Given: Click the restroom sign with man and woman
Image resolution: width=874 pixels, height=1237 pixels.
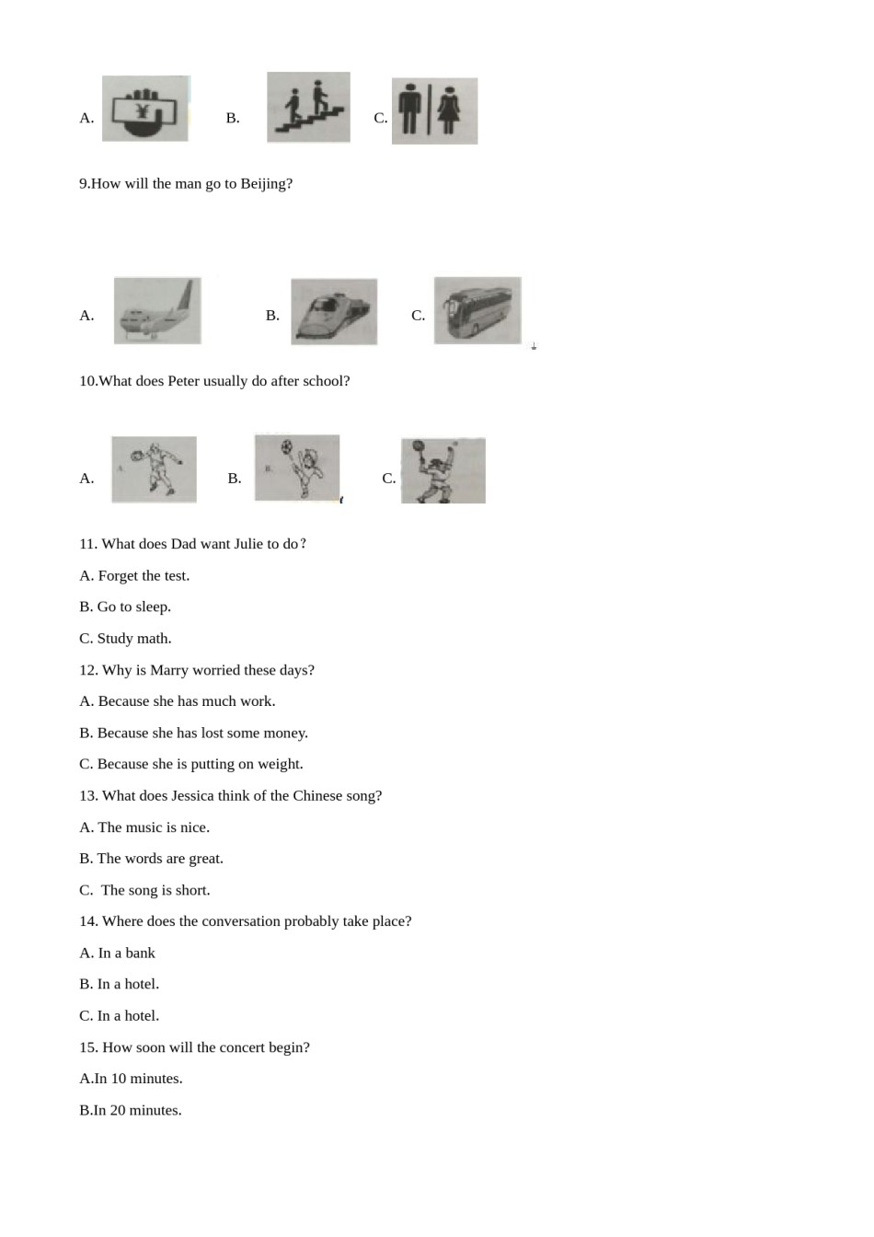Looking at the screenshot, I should point(434,111).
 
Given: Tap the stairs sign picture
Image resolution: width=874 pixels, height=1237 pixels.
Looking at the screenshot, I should point(308,108).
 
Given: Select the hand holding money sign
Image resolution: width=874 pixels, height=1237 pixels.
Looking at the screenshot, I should point(145,109).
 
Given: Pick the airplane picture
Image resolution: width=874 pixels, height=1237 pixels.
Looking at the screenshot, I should point(157,311).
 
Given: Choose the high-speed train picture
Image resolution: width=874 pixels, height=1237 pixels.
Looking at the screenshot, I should point(334,312).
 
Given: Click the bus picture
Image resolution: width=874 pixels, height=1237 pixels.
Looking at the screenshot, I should point(477,311).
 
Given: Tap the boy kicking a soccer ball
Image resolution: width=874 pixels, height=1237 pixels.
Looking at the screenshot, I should point(297,468).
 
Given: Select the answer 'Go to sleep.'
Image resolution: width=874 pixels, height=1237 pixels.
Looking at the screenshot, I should point(133,607).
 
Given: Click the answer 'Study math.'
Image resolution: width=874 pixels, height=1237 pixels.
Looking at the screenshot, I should point(133,639).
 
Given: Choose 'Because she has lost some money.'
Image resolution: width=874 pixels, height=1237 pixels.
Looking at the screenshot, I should point(202,733).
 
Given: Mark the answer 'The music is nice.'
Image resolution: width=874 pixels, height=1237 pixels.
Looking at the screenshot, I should point(153,827).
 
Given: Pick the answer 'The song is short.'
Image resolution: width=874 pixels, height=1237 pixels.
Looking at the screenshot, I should point(155,890).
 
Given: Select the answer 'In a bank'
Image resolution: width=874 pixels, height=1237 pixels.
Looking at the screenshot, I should point(126,954).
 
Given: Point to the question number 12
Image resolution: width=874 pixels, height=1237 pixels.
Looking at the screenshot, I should point(88,670).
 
